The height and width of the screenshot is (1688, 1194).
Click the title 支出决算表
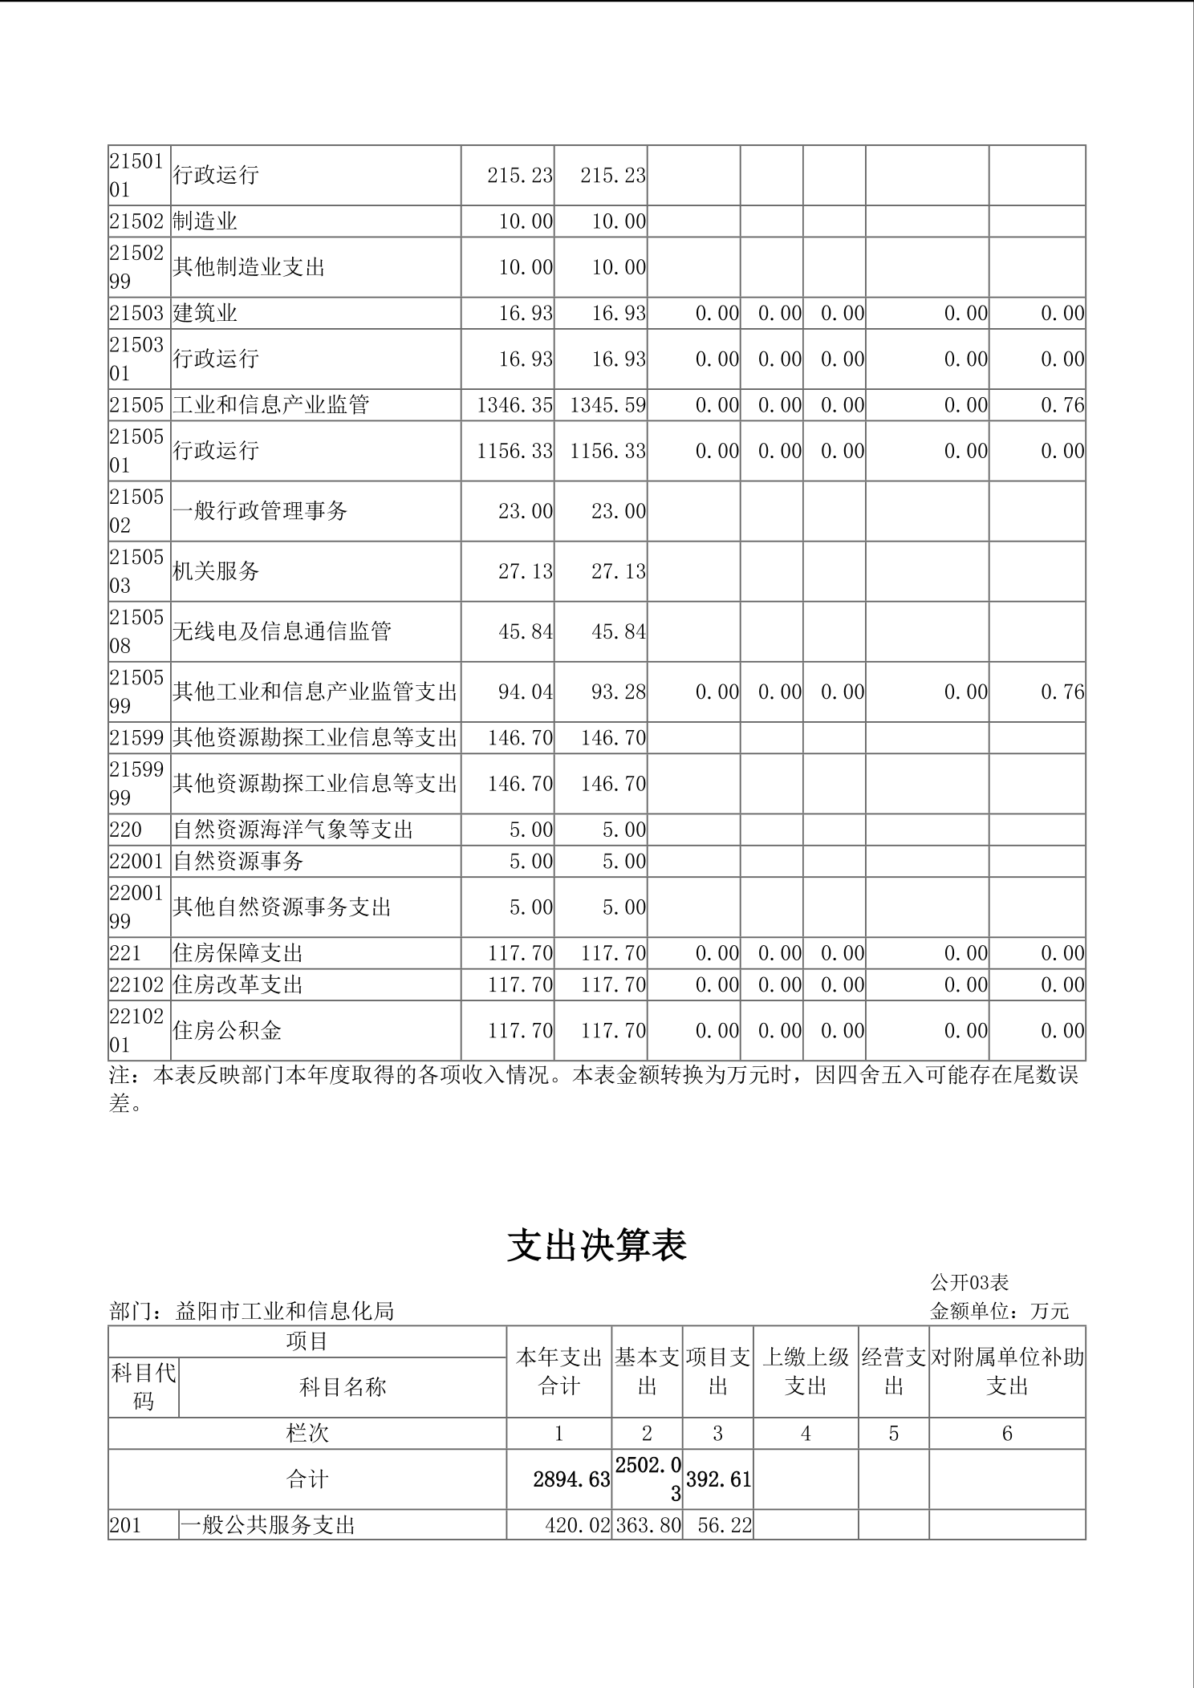point(597,1246)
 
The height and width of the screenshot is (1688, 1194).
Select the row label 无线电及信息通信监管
point(282,631)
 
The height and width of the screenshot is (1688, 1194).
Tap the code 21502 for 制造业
point(136,221)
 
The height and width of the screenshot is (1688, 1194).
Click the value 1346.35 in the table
point(514,405)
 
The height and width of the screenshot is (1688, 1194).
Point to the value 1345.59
point(607,405)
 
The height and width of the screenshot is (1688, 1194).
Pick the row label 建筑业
point(205,313)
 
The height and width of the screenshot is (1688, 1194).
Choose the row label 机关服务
point(216,571)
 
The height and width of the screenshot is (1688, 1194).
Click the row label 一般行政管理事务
point(260,511)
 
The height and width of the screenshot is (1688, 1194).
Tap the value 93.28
point(619,692)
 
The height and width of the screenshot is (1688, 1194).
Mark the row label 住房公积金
point(227,1031)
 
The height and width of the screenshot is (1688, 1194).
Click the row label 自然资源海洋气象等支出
point(293,830)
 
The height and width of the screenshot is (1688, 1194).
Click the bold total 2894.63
point(571,1479)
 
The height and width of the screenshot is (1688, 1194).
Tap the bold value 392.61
point(718,1479)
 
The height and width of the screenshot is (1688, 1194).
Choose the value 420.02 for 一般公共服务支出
point(578,1525)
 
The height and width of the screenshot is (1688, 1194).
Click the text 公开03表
point(969,1282)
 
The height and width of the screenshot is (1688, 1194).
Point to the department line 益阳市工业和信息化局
point(252,1311)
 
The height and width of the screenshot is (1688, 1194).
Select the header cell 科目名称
point(343,1387)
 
